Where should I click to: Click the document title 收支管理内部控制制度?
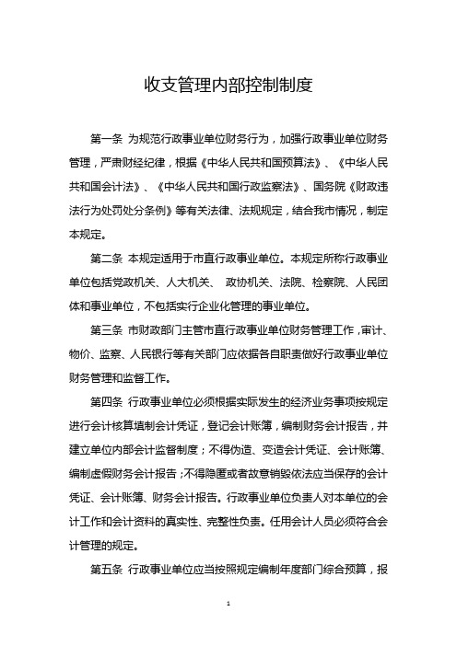(x=228, y=87)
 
